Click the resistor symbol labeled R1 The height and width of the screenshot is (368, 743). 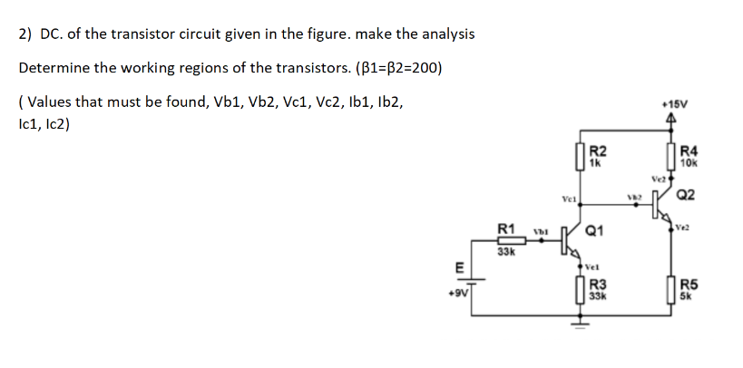click(507, 240)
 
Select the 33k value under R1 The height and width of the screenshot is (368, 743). click(507, 252)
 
